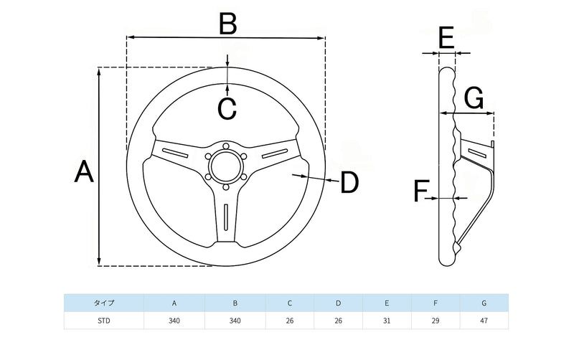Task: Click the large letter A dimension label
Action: click(x=85, y=173)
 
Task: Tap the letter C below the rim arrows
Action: click(x=227, y=109)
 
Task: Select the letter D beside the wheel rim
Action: click(x=349, y=183)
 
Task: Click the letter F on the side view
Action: click(x=422, y=191)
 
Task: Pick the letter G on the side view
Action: click(x=474, y=98)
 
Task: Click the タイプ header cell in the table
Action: click(x=104, y=303)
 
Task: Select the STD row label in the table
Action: click(x=104, y=321)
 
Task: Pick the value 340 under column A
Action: click(x=174, y=321)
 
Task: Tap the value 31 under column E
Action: click(x=387, y=321)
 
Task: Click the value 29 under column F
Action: click(x=436, y=321)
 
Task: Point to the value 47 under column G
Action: click(x=484, y=321)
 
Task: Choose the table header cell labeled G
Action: click(x=484, y=303)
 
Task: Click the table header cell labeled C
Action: click(x=289, y=303)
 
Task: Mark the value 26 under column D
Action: click(x=338, y=321)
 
